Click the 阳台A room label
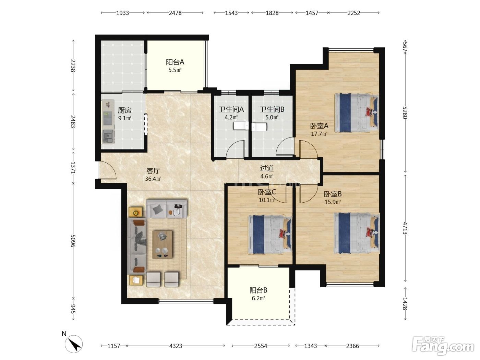[x=175, y=62]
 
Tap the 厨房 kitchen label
[x=125, y=110]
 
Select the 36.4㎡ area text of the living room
[x=153, y=179]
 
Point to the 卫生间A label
[x=231, y=109]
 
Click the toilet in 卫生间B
[x=259, y=127]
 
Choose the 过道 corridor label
[x=267, y=168]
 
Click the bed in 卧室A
[x=357, y=113]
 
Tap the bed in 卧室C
[x=270, y=235]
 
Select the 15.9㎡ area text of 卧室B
[x=333, y=202]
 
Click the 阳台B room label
[x=258, y=290]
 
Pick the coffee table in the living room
[x=162, y=244]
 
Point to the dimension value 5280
[x=405, y=112]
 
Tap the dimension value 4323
[x=176, y=346]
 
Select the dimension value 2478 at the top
[x=175, y=13]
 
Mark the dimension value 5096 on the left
[x=73, y=241]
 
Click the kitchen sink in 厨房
[x=108, y=136]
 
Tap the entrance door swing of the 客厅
[x=107, y=170]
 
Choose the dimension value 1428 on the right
[x=405, y=304]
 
